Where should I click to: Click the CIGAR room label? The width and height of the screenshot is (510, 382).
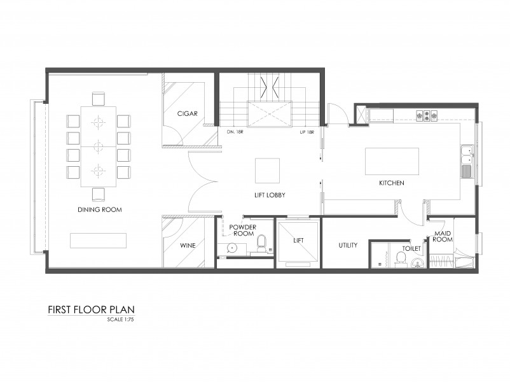pos(188,114)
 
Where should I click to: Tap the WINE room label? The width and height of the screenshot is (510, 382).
pos(188,245)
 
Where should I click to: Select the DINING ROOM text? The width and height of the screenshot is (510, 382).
pos(100,209)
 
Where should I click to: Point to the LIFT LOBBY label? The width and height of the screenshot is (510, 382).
pos(270,195)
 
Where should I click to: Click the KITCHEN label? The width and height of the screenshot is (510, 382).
pos(392,183)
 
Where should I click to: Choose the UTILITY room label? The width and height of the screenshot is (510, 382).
pos(348,245)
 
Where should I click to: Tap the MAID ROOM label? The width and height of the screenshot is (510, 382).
pos(443,236)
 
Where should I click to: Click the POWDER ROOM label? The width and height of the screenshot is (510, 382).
pos(243,230)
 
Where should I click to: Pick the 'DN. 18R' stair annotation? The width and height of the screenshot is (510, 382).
pos(235,132)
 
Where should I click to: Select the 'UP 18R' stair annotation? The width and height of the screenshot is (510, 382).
pos(307,132)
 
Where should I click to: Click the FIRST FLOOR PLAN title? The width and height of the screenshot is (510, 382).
pos(91,309)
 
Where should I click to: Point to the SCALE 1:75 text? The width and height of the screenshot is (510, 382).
pos(120,320)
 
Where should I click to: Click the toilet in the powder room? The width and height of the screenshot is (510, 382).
pos(261,243)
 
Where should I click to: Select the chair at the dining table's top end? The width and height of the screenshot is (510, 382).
pos(98,99)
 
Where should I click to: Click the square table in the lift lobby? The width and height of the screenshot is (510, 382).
pos(267,171)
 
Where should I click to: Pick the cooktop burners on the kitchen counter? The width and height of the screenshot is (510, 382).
pos(427,116)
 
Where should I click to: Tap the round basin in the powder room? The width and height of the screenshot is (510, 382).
pos(231,248)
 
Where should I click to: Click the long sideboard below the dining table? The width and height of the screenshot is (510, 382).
pos(98,241)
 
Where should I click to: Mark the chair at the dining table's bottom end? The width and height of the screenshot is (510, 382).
pos(98,194)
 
